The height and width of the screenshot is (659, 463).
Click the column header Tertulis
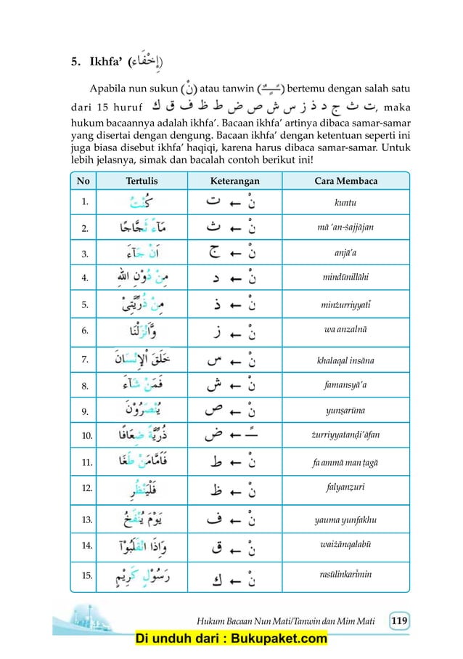142,180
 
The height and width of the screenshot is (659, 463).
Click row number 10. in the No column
85,436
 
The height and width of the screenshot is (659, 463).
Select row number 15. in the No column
85,576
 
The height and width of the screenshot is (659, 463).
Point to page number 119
399,620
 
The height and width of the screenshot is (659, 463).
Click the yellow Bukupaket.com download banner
231,639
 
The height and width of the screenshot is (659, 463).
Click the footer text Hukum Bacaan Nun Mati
261,620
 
